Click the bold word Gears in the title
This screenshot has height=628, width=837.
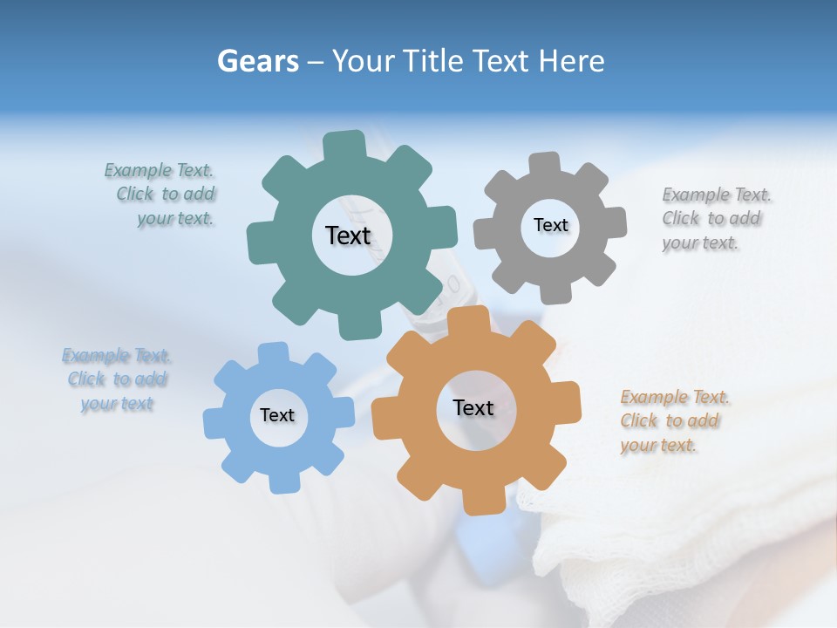257,61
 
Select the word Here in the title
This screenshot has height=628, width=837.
571,61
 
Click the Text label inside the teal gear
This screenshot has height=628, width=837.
348,235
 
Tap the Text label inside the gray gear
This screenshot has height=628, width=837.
550,225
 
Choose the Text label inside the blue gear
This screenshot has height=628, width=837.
277,415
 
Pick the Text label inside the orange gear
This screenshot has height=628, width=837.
473,407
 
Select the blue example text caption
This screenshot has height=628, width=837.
117,379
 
